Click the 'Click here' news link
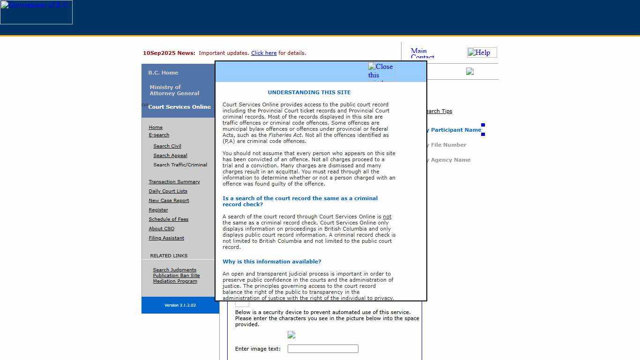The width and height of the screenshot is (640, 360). tap(264, 53)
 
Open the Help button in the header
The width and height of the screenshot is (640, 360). tap(482, 52)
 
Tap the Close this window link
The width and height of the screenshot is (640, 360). tap(380, 71)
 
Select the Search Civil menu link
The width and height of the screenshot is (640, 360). tap(167, 146)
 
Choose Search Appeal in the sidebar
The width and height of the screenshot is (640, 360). tap(170, 156)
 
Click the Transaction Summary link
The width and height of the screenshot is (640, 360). tap(174, 182)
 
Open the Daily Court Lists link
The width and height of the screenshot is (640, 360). tap(168, 191)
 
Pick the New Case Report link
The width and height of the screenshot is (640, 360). tap(169, 201)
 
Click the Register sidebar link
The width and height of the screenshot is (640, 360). tap(158, 210)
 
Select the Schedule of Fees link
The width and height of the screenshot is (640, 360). tap(168, 219)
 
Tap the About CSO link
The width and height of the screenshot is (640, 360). tap(161, 229)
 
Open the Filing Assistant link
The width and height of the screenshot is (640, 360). tap(166, 238)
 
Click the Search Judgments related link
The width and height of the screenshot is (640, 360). tap(174, 270)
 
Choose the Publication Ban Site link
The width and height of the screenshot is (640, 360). tap(176, 276)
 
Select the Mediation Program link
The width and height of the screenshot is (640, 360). tap(175, 281)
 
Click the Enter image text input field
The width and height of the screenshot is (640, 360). tap(323, 349)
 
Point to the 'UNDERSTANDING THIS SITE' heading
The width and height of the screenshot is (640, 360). tap(309, 92)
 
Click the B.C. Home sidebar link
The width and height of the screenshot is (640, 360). tap(163, 73)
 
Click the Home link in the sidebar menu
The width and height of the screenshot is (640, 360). tap(156, 127)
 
